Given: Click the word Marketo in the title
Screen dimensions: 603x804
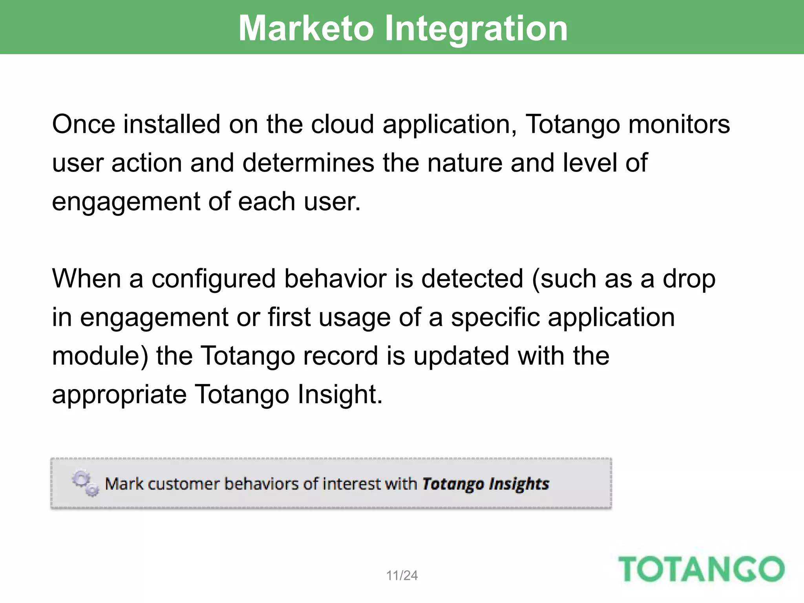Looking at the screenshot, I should [x=306, y=28].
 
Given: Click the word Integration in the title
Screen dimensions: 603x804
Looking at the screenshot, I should [x=475, y=28].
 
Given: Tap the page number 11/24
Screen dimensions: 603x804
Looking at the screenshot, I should [x=402, y=576].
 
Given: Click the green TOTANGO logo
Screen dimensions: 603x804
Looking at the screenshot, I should [x=701, y=569].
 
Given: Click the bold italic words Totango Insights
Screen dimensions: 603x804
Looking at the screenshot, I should [x=486, y=484].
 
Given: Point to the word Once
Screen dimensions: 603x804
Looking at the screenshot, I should [x=84, y=124].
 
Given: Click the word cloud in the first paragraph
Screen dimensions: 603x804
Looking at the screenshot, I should [x=342, y=124].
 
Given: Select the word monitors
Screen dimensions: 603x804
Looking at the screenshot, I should [x=679, y=124].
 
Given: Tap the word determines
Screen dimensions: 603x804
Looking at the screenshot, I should [x=308, y=163].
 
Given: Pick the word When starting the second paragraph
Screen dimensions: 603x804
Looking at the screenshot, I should [x=86, y=279].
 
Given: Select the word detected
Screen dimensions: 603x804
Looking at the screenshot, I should [x=472, y=279].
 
